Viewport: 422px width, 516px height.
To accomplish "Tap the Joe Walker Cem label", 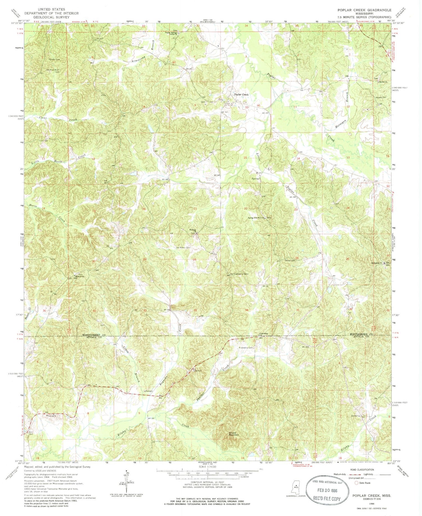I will [183, 248].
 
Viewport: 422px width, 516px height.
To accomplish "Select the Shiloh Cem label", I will [290, 261].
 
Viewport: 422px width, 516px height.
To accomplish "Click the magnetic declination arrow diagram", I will [127, 481].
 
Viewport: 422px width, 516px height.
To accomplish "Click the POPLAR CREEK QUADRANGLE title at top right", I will [364, 10].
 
